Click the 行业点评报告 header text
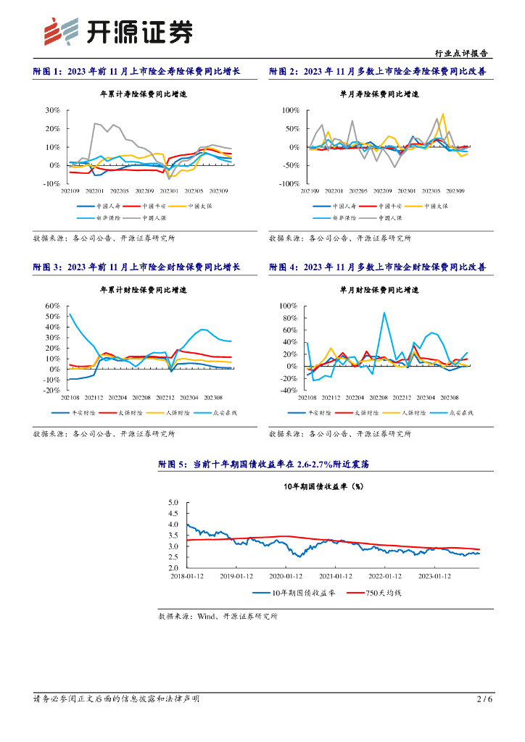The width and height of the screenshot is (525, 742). tap(460, 53)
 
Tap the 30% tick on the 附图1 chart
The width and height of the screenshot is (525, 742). tap(52, 111)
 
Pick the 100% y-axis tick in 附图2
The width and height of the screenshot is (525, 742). tap(289, 111)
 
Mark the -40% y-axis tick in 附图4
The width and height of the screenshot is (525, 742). tap(289, 391)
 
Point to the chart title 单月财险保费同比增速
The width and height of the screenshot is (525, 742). tap(379, 290)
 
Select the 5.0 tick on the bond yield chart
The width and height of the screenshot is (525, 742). tap(173, 502)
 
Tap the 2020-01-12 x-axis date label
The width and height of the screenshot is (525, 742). tap(286, 577)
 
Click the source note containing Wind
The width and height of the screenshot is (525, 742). tap(218, 616)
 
